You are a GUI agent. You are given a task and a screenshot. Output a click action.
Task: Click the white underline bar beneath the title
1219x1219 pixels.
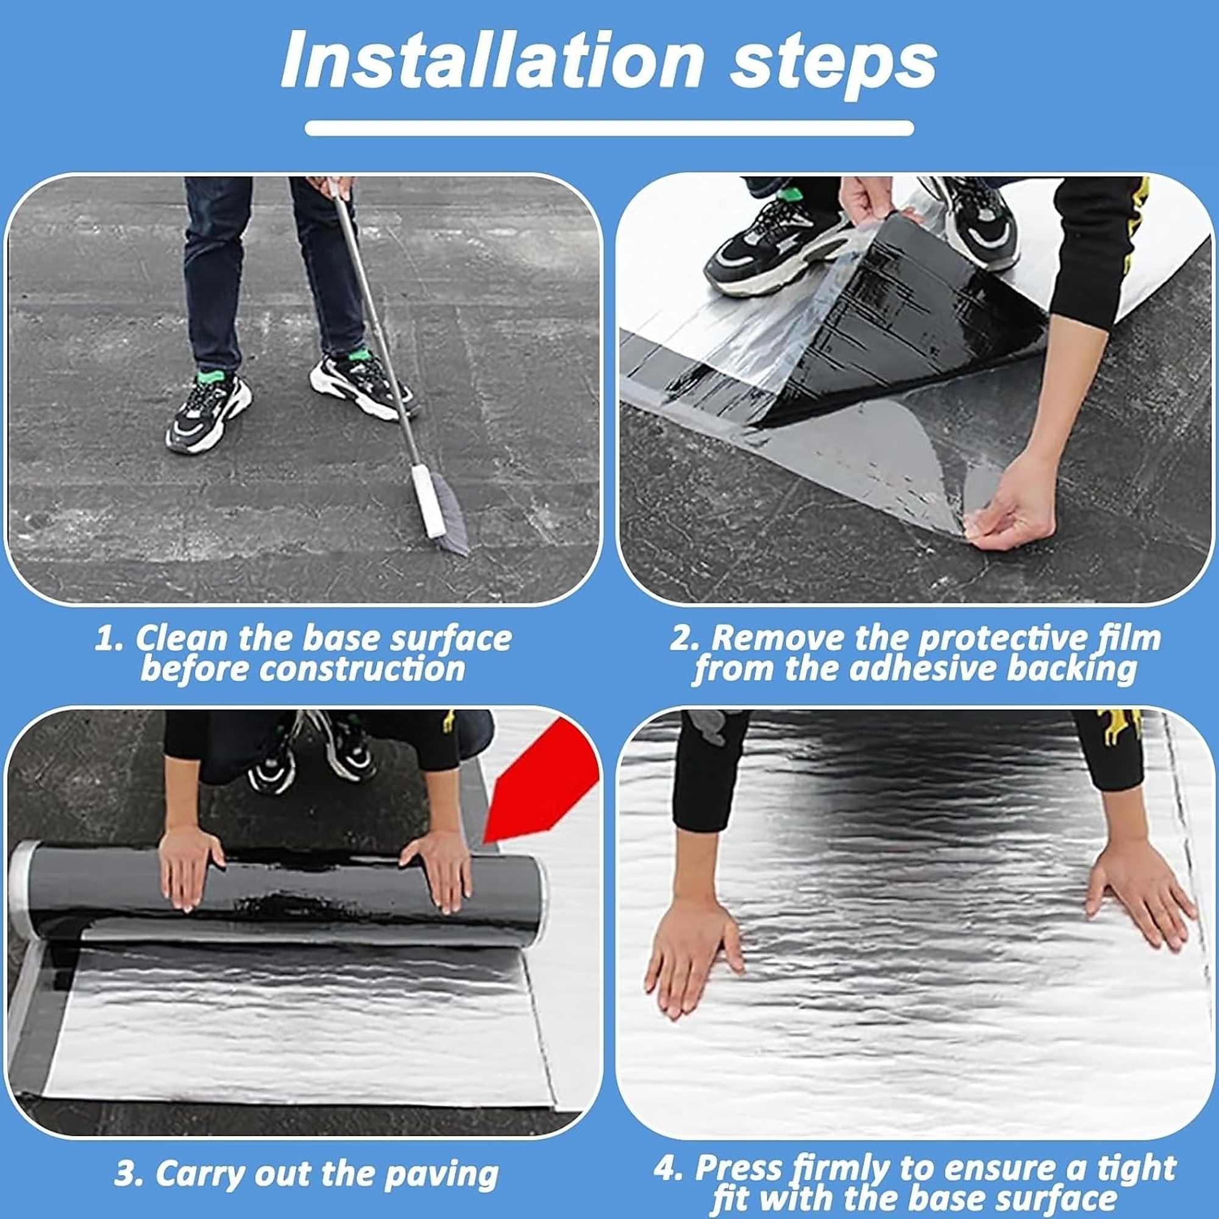click(x=609, y=128)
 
